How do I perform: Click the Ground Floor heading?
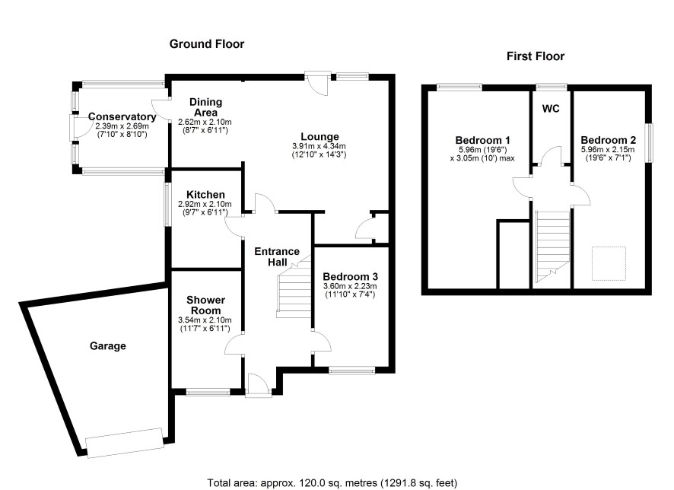[207, 44]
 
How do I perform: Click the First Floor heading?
[535, 56]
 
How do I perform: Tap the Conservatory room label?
[122, 116]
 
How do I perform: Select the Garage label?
[108, 346]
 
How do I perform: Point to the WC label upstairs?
[551, 109]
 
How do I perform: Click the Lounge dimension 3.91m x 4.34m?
[319, 147]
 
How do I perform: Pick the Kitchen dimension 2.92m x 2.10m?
[205, 205]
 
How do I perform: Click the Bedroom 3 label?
[351, 276]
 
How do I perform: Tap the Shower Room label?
[205, 305]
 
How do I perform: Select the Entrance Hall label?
[277, 256]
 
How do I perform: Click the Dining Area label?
[205, 107]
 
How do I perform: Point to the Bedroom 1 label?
[482, 140]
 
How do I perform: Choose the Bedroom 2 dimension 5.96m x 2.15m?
[608, 150]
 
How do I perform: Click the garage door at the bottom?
[125, 443]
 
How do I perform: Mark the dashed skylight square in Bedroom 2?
[609, 263]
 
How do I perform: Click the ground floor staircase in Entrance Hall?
[294, 287]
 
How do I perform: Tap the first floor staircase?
[552, 247]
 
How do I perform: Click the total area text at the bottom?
[332, 483]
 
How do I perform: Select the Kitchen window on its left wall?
[167, 205]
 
